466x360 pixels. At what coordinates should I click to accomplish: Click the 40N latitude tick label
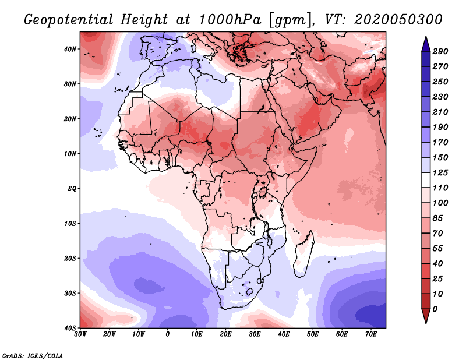pyautogui.click(x=70, y=49)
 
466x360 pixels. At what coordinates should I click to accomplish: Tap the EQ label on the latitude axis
pyautogui.click(x=72, y=189)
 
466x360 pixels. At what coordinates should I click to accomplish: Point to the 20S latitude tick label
pyautogui.click(x=70, y=258)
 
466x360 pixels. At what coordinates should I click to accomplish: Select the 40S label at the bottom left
pyautogui.click(x=70, y=328)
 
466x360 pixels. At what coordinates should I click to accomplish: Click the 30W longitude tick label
pyautogui.click(x=80, y=334)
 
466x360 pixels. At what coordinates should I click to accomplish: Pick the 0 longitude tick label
pyautogui.click(x=168, y=334)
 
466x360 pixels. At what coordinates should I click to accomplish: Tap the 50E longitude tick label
pyautogui.click(x=313, y=334)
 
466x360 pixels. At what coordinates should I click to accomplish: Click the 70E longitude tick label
pyautogui.click(x=371, y=334)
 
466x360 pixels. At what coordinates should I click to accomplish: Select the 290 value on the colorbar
pyautogui.click(x=440, y=51)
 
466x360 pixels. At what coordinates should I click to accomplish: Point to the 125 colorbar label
pyautogui.click(x=440, y=172)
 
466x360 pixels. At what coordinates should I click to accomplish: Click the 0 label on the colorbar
pyautogui.click(x=435, y=309)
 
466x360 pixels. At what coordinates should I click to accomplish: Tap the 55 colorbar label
pyautogui.click(x=438, y=249)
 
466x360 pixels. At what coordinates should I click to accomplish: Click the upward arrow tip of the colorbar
pyautogui.click(x=426, y=36)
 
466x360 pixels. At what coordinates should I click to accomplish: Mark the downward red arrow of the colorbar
pyautogui.click(x=426, y=316)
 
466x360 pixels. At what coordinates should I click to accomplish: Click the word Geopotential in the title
pyautogui.click(x=69, y=20)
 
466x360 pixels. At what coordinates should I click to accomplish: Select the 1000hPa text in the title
pyautogui.click(x=230, y=20)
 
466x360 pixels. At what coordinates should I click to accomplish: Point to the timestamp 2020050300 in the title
pyautogui.click(x=398, y=20)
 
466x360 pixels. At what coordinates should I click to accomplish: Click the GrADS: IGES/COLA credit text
pyautogui.click(x=33, y=355)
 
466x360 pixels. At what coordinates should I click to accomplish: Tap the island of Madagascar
pyautogui.click(x=303, y=253)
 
